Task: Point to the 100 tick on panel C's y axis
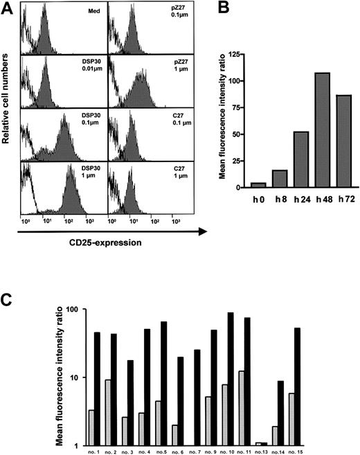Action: coord(69,309)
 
